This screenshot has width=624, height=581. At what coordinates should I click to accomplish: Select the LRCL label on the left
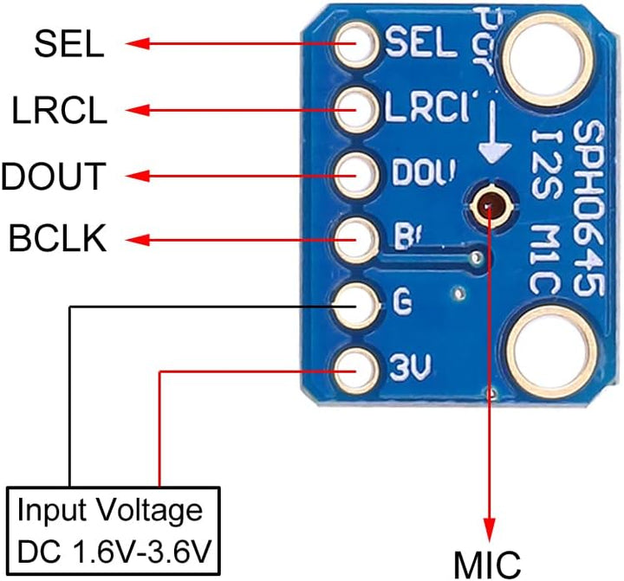(59, 110)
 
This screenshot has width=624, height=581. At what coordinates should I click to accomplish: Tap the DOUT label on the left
(54, 176)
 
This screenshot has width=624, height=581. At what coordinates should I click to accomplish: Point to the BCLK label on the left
(58, 238)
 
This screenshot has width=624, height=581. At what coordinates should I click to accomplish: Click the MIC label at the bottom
(489, 563)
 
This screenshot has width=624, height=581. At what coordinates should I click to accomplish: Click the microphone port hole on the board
(490, 204)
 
